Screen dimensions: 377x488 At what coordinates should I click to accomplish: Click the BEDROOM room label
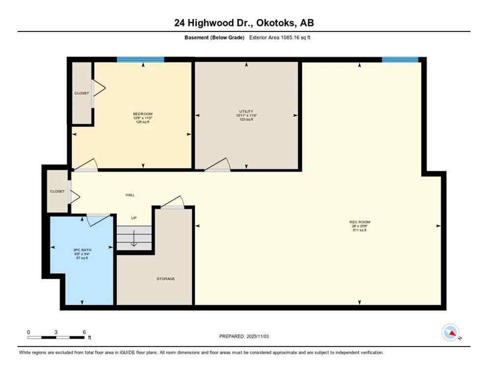(143, 114)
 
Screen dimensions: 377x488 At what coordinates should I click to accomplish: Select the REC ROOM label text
(359, 222)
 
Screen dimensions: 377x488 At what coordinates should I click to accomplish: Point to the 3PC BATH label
(82, 250)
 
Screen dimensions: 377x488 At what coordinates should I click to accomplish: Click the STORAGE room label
(165, 279)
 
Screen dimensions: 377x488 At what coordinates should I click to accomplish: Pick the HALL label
(130, 195)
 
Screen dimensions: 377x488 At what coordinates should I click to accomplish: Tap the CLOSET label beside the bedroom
(81, 93)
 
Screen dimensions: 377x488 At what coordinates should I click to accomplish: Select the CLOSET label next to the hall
(57, 191)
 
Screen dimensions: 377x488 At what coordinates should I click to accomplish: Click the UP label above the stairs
(134, 217)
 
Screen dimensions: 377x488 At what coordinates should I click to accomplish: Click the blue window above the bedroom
(140, 59)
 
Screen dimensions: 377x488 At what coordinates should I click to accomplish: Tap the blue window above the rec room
(400, 59)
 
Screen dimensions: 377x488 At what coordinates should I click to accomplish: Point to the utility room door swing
(218, 164)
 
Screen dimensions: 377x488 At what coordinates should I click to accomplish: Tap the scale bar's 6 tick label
(84, 332)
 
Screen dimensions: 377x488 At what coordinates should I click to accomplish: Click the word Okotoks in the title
(270, 23)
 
